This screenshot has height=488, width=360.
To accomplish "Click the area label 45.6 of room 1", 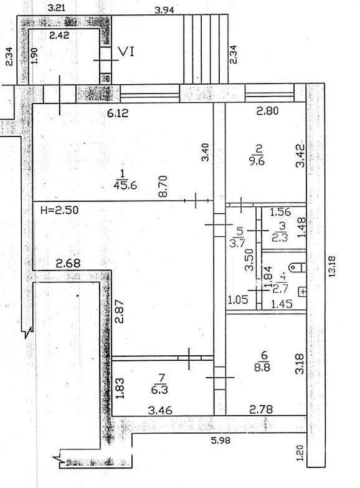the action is click(x=125, y=186).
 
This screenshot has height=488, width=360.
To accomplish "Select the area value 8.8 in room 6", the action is click(x=262, y=367).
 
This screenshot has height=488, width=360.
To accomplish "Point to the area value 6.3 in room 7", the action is click(x=159, y=390).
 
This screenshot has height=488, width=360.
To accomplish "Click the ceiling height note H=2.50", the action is click(x=60, y=210).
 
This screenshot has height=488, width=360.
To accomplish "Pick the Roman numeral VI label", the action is click(x=127, y=52).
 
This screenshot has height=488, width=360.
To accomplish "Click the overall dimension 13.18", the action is click(x=332, y=266).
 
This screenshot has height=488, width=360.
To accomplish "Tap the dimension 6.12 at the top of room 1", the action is click(x=118, y=113).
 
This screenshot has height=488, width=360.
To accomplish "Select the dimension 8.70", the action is click(x=163, y=186).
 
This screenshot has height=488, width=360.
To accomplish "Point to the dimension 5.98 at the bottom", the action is click(x=220, y=441).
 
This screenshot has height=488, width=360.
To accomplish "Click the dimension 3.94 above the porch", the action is click(x=164, y=10).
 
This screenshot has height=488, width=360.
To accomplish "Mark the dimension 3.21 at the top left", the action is click(x=57, y=7).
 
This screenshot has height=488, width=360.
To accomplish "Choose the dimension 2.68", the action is click(x=68, y=264).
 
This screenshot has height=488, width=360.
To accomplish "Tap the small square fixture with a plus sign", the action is click(x=303, y=292).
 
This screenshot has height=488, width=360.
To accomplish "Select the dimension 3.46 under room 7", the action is click(x=160, y=410).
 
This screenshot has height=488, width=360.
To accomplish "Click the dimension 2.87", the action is click(x=120, y=311).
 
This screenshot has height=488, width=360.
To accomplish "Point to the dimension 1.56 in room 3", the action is click(x=280, y=212).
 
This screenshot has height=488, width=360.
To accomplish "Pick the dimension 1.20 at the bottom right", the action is click(x=300, y=453).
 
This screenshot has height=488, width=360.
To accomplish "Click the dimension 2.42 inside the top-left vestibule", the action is click(x=59, y=35).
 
